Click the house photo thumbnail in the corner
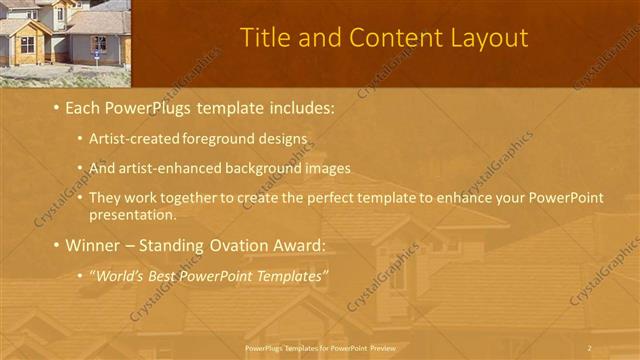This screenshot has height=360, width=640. pos(65,43)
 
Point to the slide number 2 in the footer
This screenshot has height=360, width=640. pos(589,347)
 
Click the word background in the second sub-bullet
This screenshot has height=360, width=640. pos(249,167)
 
